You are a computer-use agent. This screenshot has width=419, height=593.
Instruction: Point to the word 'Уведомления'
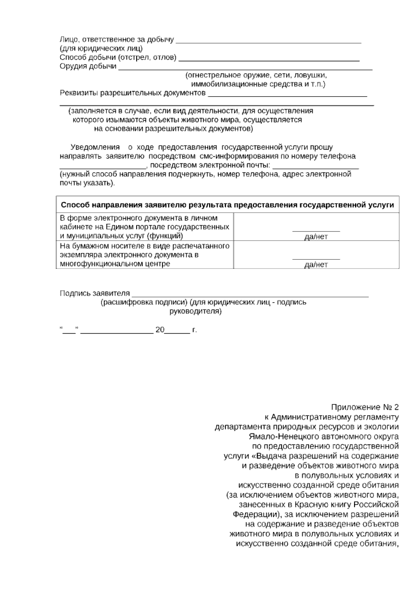[95, 147]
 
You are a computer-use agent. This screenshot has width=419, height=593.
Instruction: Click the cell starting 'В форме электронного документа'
[144, 227]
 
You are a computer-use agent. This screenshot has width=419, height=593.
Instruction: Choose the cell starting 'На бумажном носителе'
[144, 255]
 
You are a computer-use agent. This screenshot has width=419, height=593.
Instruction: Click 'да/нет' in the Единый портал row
[316, 237]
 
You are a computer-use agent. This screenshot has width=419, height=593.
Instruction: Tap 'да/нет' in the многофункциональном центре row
[316, 265]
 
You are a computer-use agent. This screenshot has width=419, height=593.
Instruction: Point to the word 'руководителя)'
[195, 311]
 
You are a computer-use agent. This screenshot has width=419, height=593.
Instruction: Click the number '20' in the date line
[160, 329]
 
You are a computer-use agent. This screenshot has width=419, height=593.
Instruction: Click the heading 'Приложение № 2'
[365, 407]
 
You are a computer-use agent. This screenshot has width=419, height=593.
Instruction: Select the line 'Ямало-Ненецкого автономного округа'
[324, 436]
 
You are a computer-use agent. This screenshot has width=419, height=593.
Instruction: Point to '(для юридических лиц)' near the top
[101, 49]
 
